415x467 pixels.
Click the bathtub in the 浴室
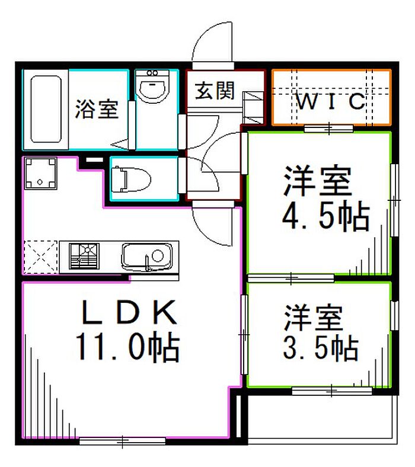tap(46, 109)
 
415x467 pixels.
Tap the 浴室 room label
tap(97, 109)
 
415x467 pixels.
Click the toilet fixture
tap(131, 180)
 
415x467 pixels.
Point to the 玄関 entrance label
tap(215, 90)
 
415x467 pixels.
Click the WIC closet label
tap(331, 101)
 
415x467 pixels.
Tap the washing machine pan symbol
tap(40, 173)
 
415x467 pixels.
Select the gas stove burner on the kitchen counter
tap(84, 256)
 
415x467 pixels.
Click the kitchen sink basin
tap(147, 257)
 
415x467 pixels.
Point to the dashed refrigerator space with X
tap(40, 257)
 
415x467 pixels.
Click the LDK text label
tap(129, 312)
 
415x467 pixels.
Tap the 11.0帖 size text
tap(127, 348)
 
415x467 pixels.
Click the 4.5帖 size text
tap(325, 216)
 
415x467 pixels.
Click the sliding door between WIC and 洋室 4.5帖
tap(328, 129)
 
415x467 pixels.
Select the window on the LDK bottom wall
tap(123, 441)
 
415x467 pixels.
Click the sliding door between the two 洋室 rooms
tap(290, 278)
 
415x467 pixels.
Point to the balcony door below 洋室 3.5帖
tap(331, 391)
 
